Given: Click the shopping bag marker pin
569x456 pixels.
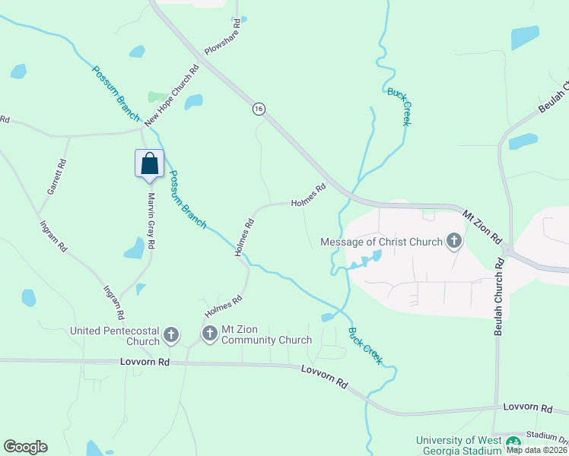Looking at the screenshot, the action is point(149,164).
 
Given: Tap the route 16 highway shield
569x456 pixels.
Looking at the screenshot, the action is point(259,109).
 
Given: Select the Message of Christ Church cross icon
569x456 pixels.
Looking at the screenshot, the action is point(454,242).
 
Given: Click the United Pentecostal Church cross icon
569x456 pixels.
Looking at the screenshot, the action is point(171,334).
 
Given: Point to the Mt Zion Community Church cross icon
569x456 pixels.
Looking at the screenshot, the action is point(209,333).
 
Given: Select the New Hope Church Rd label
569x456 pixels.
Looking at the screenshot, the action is point(172,95).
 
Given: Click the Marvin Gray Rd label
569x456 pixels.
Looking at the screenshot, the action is point(151,220).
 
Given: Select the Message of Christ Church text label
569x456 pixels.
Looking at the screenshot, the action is point(381,242).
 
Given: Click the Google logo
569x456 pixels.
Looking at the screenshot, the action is point(25,447).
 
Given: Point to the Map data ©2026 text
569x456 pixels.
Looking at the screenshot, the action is point(536,449).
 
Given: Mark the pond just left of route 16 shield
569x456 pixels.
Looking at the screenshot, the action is point(194,102).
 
